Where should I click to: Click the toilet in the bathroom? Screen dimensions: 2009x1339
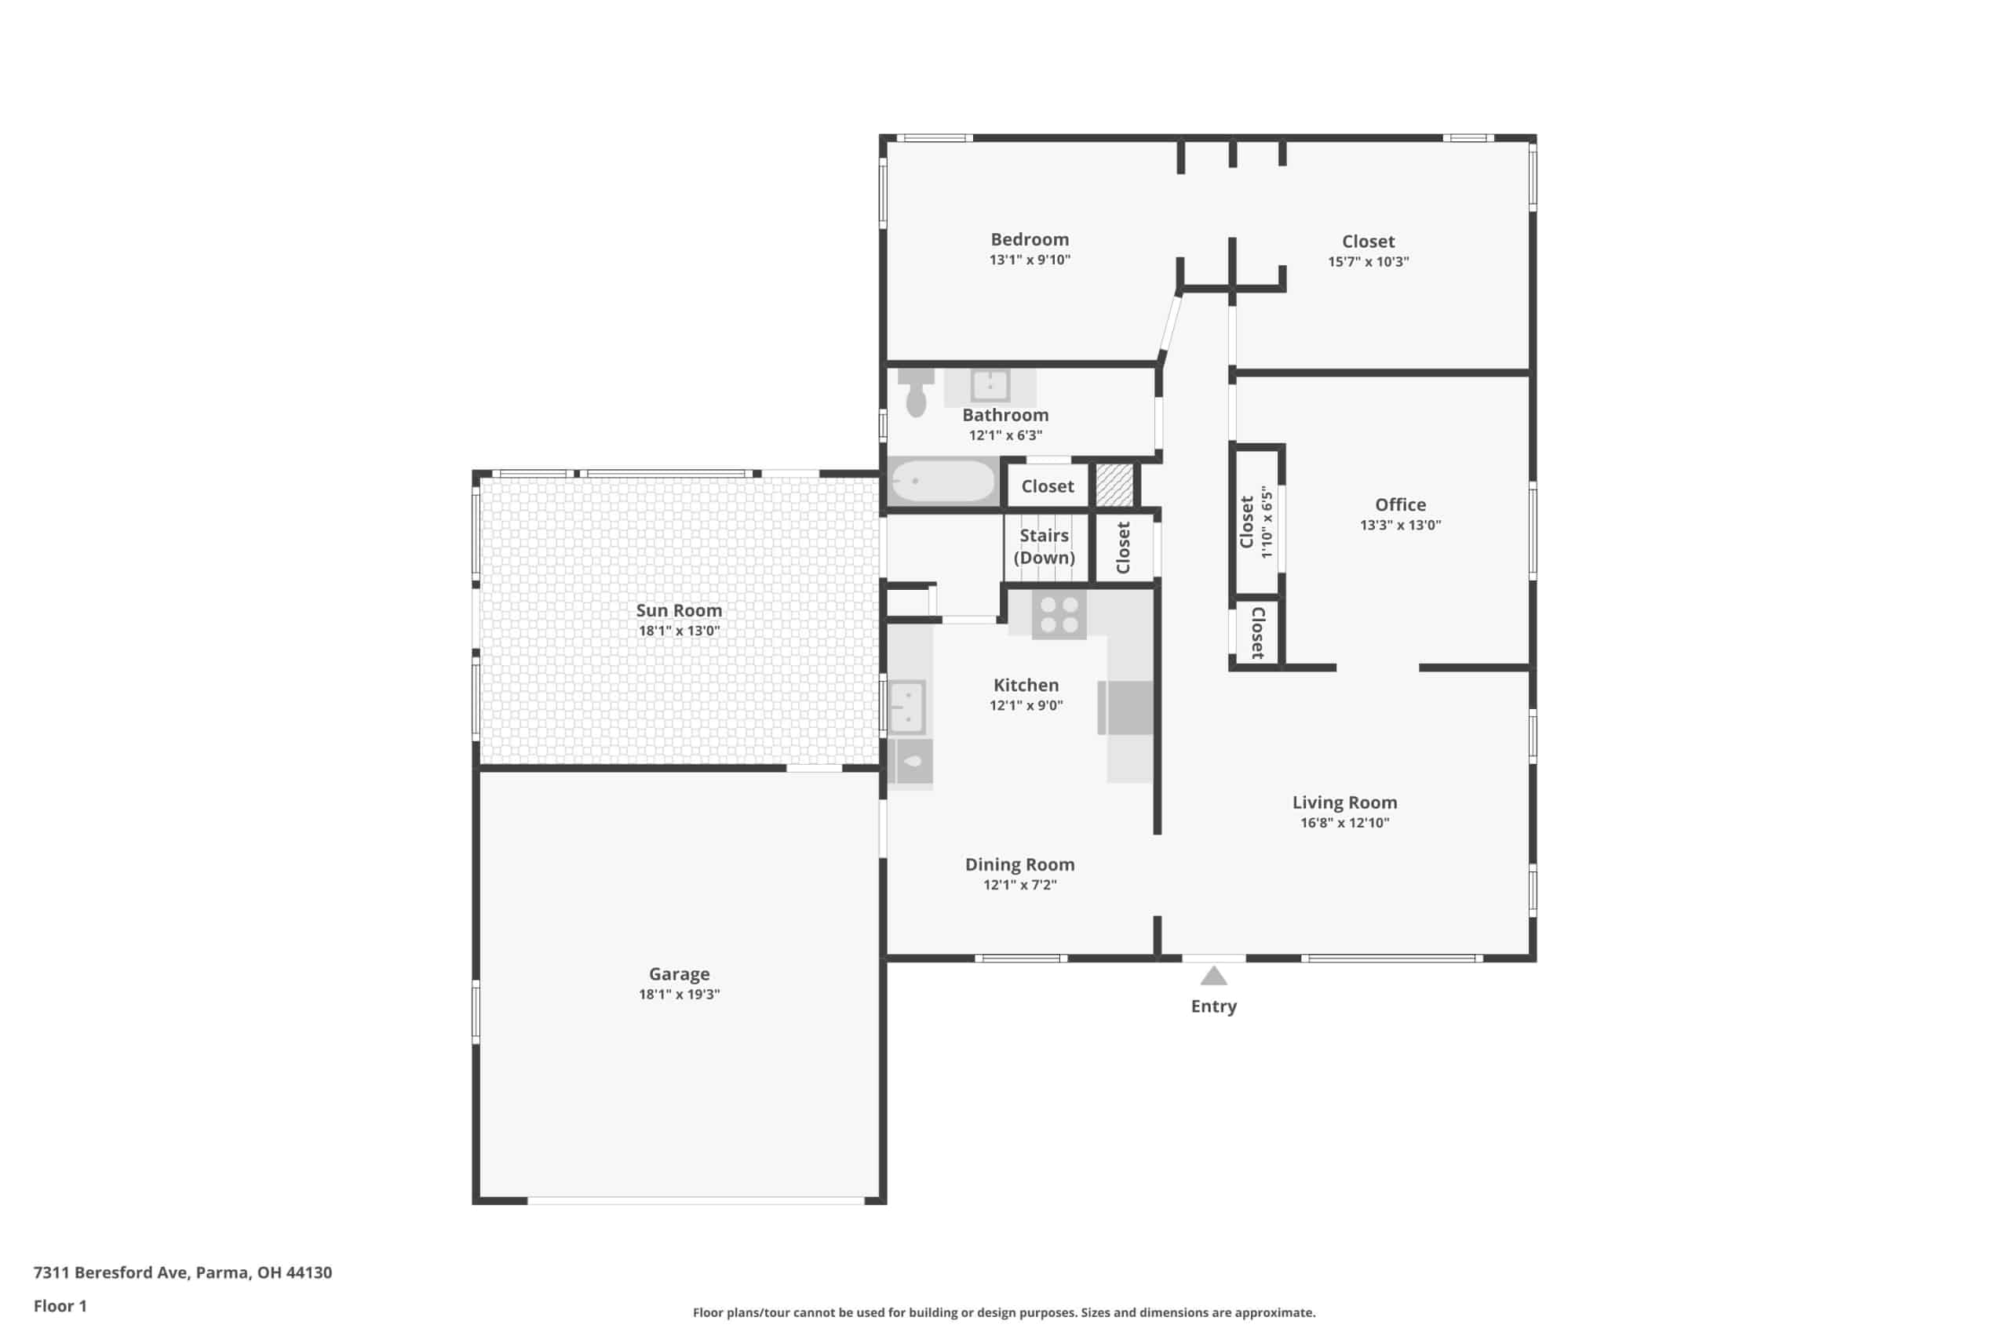916,394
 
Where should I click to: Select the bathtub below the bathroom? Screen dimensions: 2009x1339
943,482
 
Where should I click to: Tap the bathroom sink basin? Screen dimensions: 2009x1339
990,386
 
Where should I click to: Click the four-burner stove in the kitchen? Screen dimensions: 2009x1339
1059,615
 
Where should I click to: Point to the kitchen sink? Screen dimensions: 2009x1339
906,707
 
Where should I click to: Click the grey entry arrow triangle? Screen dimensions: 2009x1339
1214,975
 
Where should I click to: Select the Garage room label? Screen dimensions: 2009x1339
679,973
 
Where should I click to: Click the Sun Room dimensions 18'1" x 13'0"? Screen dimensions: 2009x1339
679,631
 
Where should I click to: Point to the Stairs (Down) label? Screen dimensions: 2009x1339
1044,547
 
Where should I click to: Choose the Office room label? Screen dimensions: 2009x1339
1400,504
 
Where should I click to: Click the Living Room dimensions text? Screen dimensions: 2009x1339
1344,823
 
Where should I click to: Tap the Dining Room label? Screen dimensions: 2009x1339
1020,864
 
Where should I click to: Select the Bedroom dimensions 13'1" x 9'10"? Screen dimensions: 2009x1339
1030,260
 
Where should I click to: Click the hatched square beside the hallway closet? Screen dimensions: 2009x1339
1114,484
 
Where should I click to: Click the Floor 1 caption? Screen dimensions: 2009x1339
60,1306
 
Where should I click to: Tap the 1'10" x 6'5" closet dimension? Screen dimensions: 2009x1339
1266,522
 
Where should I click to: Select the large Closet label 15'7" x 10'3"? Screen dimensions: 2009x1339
1368,251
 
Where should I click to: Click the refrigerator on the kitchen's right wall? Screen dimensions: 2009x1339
1125,708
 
